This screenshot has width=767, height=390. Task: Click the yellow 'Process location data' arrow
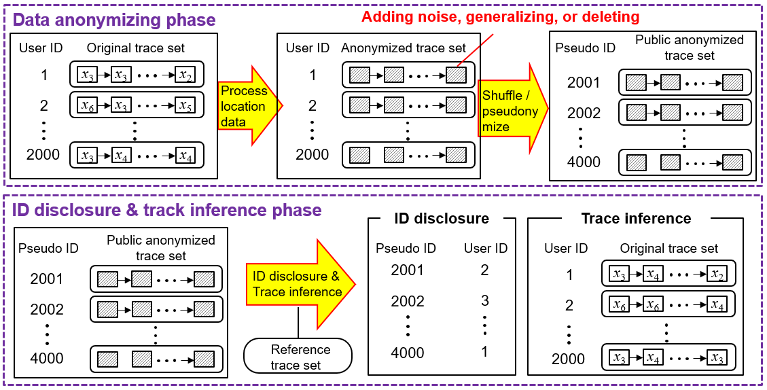pyautogui.click(x=245, y=105)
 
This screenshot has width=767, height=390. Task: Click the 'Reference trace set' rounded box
pyautogui.click(x=298, y=357)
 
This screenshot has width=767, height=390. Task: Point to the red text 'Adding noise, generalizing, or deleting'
pyautogui.click(x=500, y=16)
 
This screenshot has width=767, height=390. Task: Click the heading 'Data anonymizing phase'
pyautogui.click(x=114, y=20)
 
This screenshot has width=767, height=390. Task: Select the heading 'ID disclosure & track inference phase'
pyautogui.click(x=167, y=209)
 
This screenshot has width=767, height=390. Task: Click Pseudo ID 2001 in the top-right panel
pyautogui.click(x=584, y=83)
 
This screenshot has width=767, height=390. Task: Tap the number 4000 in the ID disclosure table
pyautogui.click(x=408, y=353)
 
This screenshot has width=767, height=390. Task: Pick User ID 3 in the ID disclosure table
pyautogui.click(x=484, y=301)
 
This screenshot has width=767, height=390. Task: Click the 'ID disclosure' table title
pyautogui.click(x=442, y=219)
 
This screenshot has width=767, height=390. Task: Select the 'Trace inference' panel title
pyautogui.click(x=636, y=219)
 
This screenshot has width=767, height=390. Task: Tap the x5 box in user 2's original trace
pyautogui.click(x=185, y=105)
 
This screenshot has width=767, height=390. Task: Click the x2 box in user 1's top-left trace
pyautogui.click(x=185, y=75)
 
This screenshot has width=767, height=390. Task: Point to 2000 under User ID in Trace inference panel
pyautogui.click(x=568, y=359)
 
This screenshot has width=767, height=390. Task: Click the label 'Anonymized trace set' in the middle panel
pyautogui.click(x=404, y=48)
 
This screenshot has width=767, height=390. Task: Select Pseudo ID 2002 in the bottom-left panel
pyautogui.click(x=47, y=310)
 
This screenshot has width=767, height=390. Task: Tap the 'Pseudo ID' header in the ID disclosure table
pyautogui.click(x=406, y=248)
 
